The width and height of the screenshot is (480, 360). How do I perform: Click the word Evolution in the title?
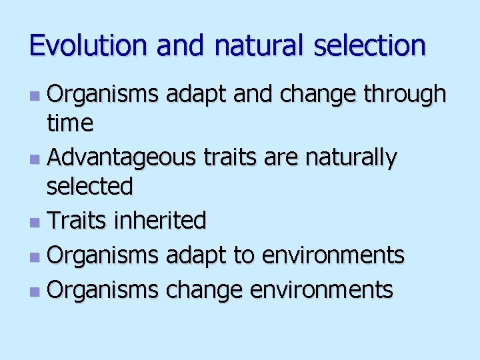[x=90, y=45]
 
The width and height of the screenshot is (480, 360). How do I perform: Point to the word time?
[x=69, y=123]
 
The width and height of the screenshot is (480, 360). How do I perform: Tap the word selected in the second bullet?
[x=89, y=187]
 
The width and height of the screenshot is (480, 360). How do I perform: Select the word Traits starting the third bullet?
[x=76, y=220]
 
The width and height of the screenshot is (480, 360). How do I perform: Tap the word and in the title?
[x=182, y=45]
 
